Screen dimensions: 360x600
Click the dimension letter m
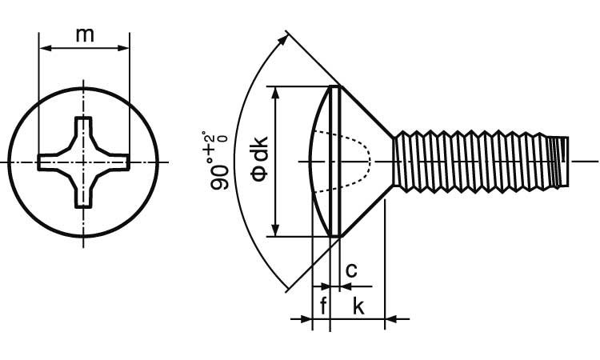[84, 34]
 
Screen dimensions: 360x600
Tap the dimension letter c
[350, 270]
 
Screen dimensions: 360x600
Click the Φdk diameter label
[260, 160]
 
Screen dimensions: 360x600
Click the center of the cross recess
[84, 162]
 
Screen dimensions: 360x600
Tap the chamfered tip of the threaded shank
[563, 162]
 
